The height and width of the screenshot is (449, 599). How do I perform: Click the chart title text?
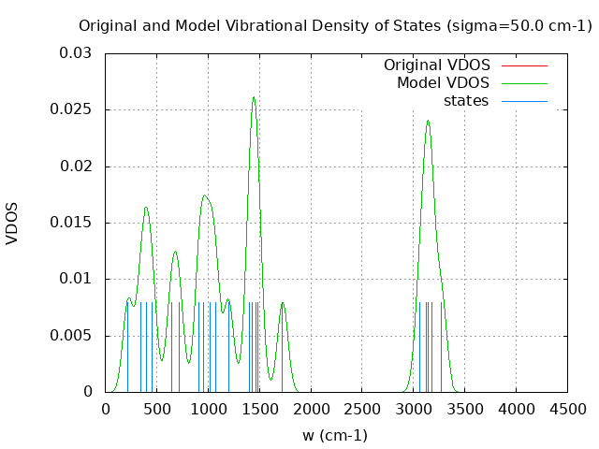click(335, 26)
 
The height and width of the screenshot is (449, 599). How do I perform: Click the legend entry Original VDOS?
click(436, 65)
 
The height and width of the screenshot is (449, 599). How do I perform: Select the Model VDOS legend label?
click(443, 83)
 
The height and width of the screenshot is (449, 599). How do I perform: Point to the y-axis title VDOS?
click(12, 223)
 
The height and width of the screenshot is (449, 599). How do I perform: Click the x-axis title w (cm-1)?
click(335, 435)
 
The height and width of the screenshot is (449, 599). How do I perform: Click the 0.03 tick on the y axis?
click(77, 53)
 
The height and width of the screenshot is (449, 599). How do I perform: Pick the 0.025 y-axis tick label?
click(73, 109)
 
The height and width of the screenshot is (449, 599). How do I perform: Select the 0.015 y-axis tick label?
click(73, 223)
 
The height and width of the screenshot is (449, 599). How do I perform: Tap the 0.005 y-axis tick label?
click(73, 335)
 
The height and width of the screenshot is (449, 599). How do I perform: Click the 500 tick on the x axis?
click(156, 409)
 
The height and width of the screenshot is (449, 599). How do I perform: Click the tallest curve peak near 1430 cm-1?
click(253, 97)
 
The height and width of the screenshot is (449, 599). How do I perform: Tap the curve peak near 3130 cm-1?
click(428, 121)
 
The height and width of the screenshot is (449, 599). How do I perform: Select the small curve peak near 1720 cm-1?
click(282, 302)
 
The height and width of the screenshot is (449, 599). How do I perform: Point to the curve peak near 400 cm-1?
click(146, 207)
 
